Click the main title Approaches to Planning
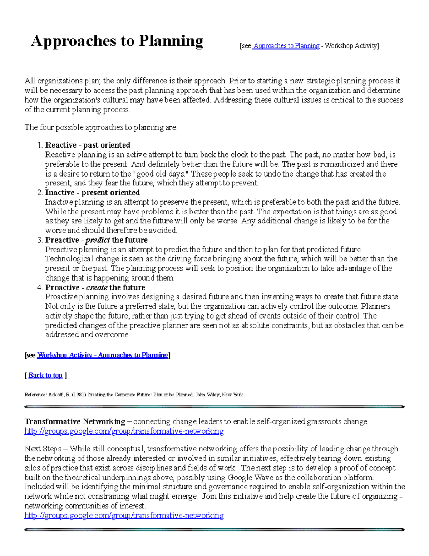click(x=117, y=41)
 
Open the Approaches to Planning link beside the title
click(x=286, y=46)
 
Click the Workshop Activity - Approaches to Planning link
click(x=103, y=355)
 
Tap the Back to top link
click(x=45, y=375)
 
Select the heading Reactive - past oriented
click(x=88, y=145)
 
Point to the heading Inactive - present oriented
click(x=92, y=193)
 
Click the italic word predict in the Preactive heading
click(x=97, y=240)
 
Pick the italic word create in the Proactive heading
click(x=97, y=288)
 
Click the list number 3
click(x=40, y=240)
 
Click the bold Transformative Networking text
click(x=75, y=421)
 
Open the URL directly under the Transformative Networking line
click(x=124, y=431)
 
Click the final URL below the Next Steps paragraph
click(x=124, y=516)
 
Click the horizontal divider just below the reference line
click(x=214, y=407)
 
